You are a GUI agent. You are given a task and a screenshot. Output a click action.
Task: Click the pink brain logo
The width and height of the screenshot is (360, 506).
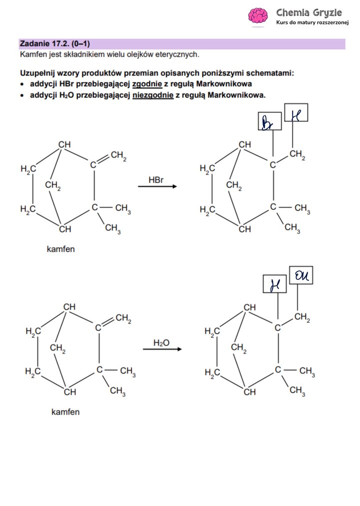click(x=258, y=16)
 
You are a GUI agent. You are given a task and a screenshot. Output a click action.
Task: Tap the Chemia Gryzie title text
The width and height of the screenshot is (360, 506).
click(x=309, y=12)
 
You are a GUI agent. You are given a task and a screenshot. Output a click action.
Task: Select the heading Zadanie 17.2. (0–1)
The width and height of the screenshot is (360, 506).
click(x=55, y=43)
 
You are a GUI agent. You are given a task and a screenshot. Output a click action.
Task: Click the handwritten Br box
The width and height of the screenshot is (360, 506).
click(x=269, y=121)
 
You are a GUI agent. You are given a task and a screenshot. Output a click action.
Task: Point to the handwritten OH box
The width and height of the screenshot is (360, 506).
click(x=301, y=275)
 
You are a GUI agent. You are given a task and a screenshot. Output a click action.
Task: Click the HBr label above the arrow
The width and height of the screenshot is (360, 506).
click(x=156, y=179)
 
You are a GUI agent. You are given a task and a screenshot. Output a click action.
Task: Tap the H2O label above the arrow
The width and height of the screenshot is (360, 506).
click(x=161, y=343)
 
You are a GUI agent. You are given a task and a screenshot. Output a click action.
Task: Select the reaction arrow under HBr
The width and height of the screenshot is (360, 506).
click(x=157, y=187)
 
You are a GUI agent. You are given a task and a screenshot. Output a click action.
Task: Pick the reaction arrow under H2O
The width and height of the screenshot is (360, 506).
click(x=162, y=349)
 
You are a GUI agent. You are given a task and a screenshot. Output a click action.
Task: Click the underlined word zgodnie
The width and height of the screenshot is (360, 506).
click(x=147, y=84)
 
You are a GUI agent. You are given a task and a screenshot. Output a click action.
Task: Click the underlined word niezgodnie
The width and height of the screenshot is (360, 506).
click(x=153, y=95)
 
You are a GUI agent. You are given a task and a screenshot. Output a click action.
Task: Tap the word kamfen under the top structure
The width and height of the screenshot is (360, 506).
click(x=60, y=249)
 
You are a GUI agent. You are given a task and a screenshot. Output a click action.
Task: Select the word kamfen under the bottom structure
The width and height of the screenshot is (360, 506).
click(x=65, y=412)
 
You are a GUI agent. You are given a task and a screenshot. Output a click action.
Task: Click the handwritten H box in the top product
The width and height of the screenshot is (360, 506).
click(x=296, y=113)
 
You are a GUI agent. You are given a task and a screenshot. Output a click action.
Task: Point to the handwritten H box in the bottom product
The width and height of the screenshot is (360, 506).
click(x=274, y=284)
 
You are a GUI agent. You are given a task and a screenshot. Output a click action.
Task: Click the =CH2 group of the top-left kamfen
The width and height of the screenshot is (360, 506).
click(x=118, y=156)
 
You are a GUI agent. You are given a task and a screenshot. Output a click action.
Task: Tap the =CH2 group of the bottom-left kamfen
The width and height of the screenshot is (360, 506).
click(x=123, y=319)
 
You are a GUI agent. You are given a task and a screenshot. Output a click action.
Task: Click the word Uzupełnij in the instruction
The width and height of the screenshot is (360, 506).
click(x=38, y=73)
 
